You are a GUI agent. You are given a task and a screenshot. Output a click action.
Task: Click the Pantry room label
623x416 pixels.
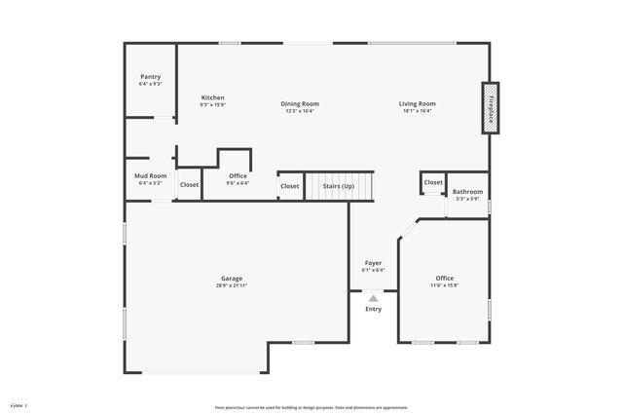coord(151,76)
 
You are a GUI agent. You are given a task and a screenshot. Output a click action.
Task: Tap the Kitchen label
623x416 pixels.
coord(212,97)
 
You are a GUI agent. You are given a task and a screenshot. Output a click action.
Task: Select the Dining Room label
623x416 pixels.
coord(300,103)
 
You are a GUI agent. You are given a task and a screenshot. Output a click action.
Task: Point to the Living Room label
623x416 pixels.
coord(417,103)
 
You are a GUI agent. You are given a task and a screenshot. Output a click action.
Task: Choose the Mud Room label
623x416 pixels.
coord(151,175)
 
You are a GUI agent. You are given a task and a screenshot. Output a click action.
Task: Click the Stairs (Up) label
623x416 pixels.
coord(340,185)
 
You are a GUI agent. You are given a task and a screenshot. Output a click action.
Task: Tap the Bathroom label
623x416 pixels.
coord(468,192)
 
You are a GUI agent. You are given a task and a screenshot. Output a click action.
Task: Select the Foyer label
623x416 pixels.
coord(373,262)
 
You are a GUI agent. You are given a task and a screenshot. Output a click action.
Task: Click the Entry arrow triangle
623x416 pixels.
coord(373,299)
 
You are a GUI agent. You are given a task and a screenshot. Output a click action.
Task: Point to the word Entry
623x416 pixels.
coord(373,309)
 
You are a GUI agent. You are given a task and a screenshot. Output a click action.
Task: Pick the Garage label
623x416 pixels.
coord(232,278)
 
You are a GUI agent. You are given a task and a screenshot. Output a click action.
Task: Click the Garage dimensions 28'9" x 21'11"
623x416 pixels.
coord(232,285)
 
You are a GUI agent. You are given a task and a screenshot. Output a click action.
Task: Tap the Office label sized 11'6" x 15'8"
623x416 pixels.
coord(445,278)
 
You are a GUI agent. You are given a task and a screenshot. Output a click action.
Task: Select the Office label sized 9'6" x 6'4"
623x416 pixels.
coord(238,175)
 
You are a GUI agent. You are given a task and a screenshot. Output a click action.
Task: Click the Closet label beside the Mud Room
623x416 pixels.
coord(189,184)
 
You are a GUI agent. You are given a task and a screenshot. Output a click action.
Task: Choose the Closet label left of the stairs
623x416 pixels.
coord(290,185)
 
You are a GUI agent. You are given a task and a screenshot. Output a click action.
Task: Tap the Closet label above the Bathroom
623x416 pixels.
coord(433,182)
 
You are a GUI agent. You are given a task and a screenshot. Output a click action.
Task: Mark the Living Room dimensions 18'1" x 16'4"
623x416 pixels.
coord(417,111)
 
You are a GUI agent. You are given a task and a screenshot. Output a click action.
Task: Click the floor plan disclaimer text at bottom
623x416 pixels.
coord(311,407)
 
